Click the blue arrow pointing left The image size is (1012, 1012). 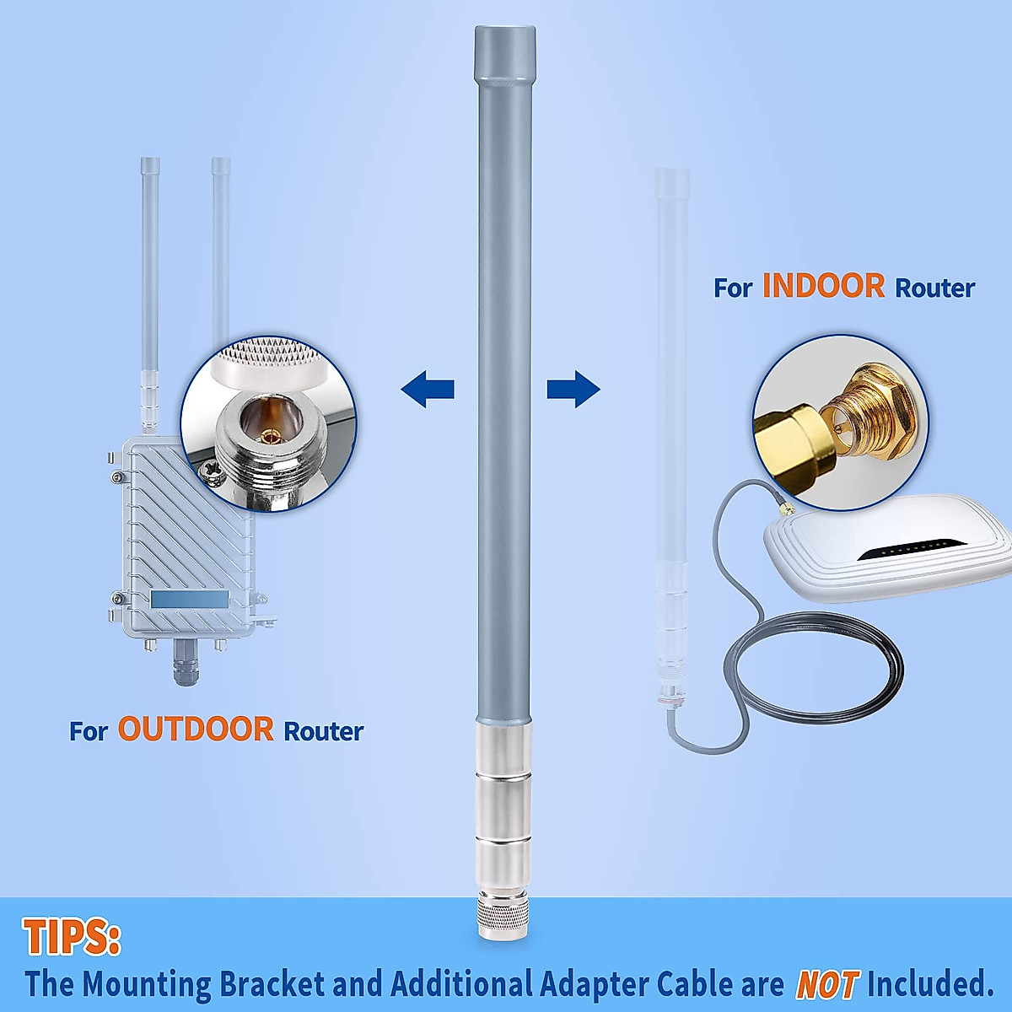click(x=428, y=390)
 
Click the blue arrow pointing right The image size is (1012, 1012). click(x=573, y=390)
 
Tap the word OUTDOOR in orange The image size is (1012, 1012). click(x=196, y=729)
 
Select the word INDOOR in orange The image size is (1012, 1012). click(x=823, y=286)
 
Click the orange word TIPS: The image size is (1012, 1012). click(x=72, y=937)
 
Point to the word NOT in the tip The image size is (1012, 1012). click(x=826, y=984)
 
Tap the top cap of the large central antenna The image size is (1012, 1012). click(x=505, y=52)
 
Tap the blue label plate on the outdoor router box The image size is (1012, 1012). click(x=190, y=600)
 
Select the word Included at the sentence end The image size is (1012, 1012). click(x=930, y=984)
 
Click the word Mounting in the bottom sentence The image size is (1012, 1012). click(x=147, y=984)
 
